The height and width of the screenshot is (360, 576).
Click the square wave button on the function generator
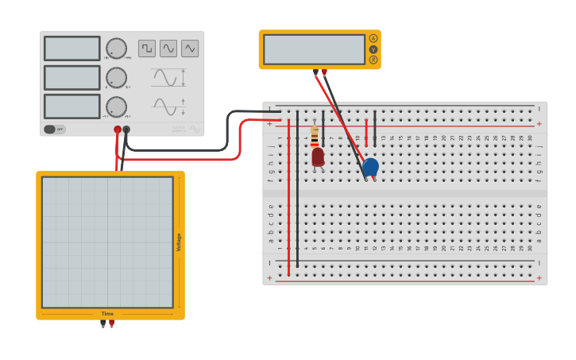tap(147, 48)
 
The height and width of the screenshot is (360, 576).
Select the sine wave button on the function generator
tap(168, 48)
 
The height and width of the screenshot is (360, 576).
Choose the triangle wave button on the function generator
tap(190, 48)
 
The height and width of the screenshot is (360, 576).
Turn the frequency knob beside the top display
tap(116, 48)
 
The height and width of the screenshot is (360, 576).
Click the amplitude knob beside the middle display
tap(116, 78)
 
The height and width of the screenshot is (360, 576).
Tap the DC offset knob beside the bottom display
tap(116, 106)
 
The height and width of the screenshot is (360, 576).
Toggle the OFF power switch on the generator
tap(55, 129)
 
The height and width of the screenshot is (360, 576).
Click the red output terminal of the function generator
tap(118, 129)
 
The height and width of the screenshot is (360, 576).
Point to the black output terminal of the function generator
tap(126, 129)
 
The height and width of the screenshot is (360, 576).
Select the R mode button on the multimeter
tap(373, 60)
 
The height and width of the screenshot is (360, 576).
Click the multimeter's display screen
tap(314, 49)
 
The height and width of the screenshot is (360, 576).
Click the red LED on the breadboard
tap(318, 157)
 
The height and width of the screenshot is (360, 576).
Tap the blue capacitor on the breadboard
tap(370, 166)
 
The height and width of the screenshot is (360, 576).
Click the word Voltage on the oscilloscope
tap(179, 242)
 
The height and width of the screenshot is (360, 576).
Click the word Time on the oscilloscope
tap(107, 314)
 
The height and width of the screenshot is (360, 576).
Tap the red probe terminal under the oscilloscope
tap(111, 323)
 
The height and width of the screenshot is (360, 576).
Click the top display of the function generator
tap(72, 48)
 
